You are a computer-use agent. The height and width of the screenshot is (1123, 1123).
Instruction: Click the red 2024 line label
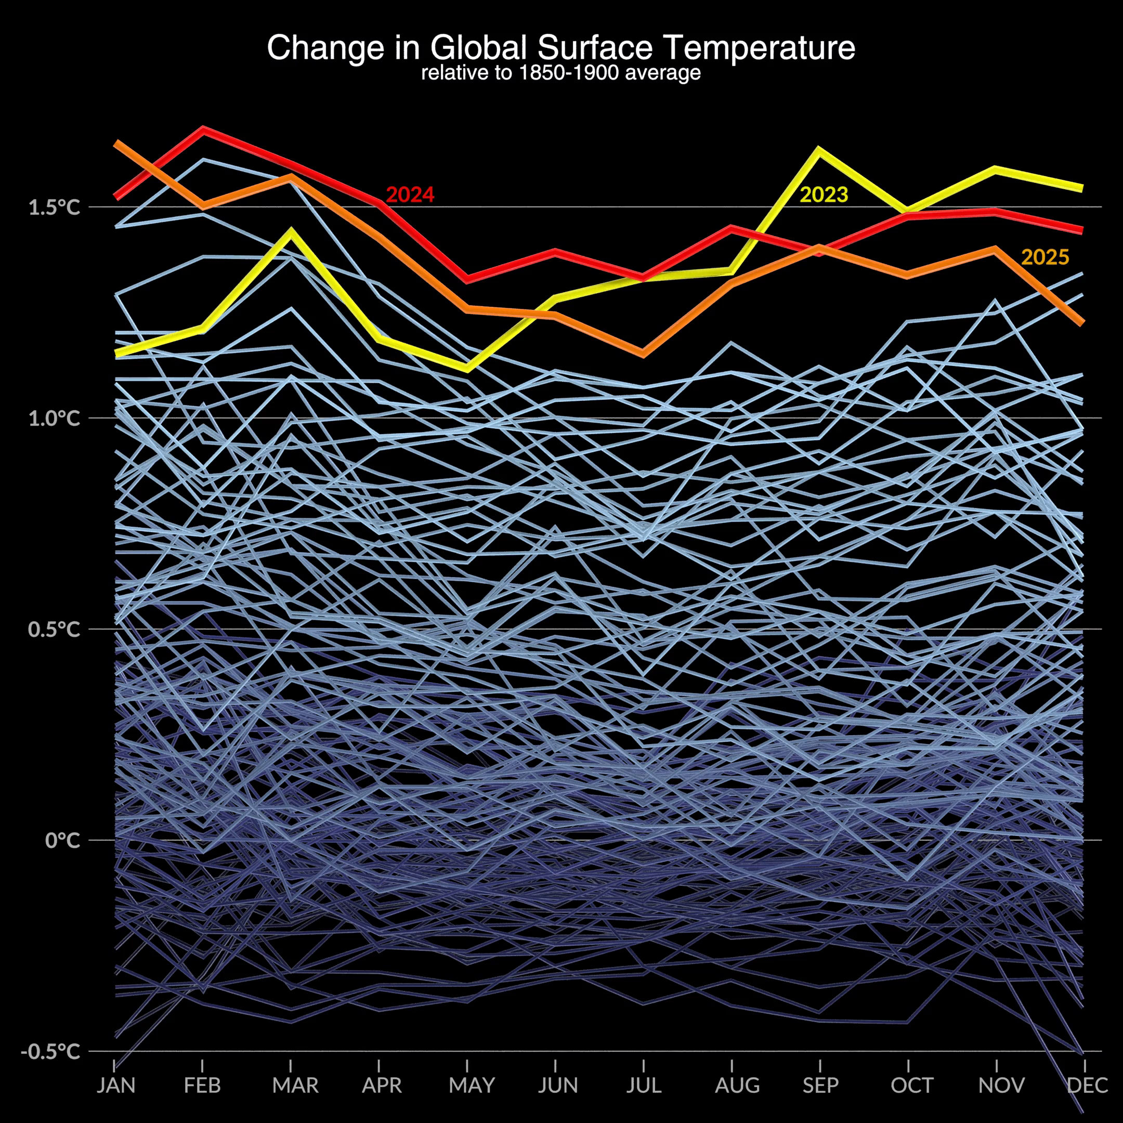click(x=410, y=195)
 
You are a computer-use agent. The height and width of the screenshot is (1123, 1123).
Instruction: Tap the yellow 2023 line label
click(x=824, y=195)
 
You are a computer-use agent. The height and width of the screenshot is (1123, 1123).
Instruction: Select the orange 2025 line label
click(x=1045, y=257)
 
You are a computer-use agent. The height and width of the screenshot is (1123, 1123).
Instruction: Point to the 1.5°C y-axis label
click(x=54, y=207)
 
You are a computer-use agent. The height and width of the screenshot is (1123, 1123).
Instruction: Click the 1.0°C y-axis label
click(x=54, y=419)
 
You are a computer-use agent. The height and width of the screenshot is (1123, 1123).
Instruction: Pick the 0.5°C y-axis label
click(x=54, y=630)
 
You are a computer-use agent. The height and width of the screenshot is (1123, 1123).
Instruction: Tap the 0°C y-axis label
click(x=62, y=841)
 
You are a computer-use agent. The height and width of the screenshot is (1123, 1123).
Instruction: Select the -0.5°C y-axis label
click(x=50, y=1051)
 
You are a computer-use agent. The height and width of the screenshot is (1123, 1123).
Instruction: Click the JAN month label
click(x=115, y=1085)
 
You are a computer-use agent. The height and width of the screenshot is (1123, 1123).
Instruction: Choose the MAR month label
click(x=295, y=1085)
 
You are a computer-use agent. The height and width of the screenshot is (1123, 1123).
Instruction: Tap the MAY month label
click(x=472, y=1085)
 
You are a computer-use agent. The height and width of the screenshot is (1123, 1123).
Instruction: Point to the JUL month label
click(x=644, y=1085)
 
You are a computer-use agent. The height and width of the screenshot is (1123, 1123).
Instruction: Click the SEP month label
click(x=820, y=1085)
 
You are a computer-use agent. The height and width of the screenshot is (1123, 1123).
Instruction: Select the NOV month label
click(x=1001, y=1085)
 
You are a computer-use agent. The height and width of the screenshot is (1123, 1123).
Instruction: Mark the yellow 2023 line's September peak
click(x=819, y=150)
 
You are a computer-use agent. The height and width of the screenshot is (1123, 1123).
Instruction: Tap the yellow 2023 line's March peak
click(x=291, y=231)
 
